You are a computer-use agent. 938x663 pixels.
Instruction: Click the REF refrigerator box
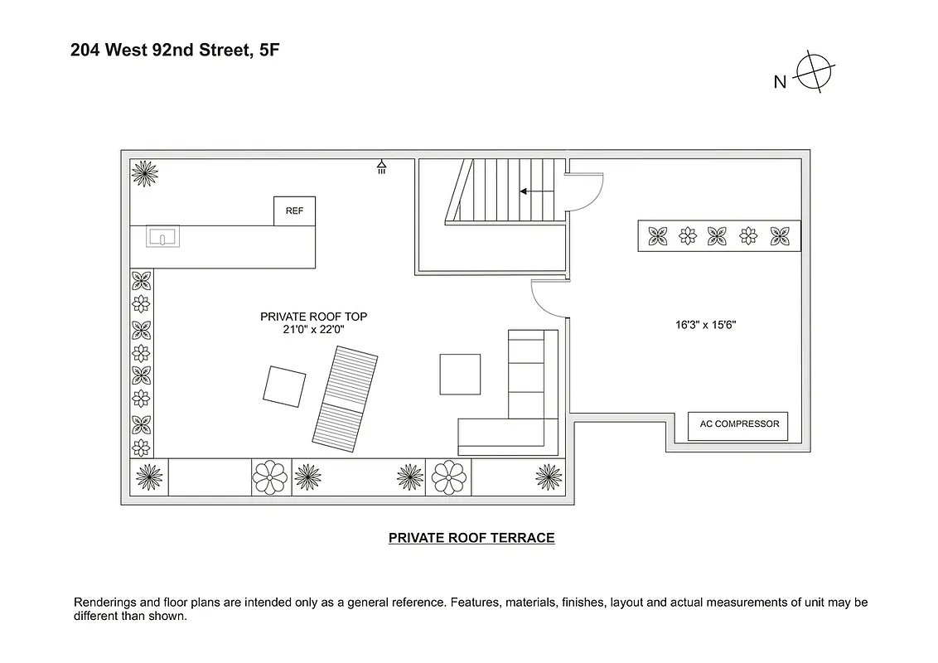pyautogui.click(x=294, y=211)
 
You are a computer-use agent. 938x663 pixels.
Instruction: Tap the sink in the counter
pyautogui.click(x=163, y=238)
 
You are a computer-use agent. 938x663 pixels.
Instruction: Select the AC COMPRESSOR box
pyautogui.click(x=738, y=425)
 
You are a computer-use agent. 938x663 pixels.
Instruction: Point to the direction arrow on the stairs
pyautogui.click(x=530, y=191)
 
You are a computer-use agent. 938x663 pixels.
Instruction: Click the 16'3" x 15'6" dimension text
pyautogui.click(x=705, y=326)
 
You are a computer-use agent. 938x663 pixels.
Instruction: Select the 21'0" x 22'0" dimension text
pyautogui.click(x=313, y=329)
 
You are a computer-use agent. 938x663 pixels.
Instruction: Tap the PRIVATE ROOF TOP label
pyautogui.click(x=313, y=317)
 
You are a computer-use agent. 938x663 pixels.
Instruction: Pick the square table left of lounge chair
pyautogui.click(x=284, y=385)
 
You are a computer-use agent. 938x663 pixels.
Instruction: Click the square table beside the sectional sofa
pyautogui.click(x=460, y=374)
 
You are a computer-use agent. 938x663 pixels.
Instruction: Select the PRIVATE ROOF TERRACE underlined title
pyautogui.click(x=471, y=538)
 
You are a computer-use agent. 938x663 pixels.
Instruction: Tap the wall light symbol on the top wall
pyautogui.click(x=381, y=167)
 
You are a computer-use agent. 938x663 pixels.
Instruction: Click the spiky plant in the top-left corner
pyautogui.click(x=145, y=173)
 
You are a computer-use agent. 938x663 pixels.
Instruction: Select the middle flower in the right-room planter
pyautogui.click(x=718, y=235)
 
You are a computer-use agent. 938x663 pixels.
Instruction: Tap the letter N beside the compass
pyautogui.click(x=780, y=81)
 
